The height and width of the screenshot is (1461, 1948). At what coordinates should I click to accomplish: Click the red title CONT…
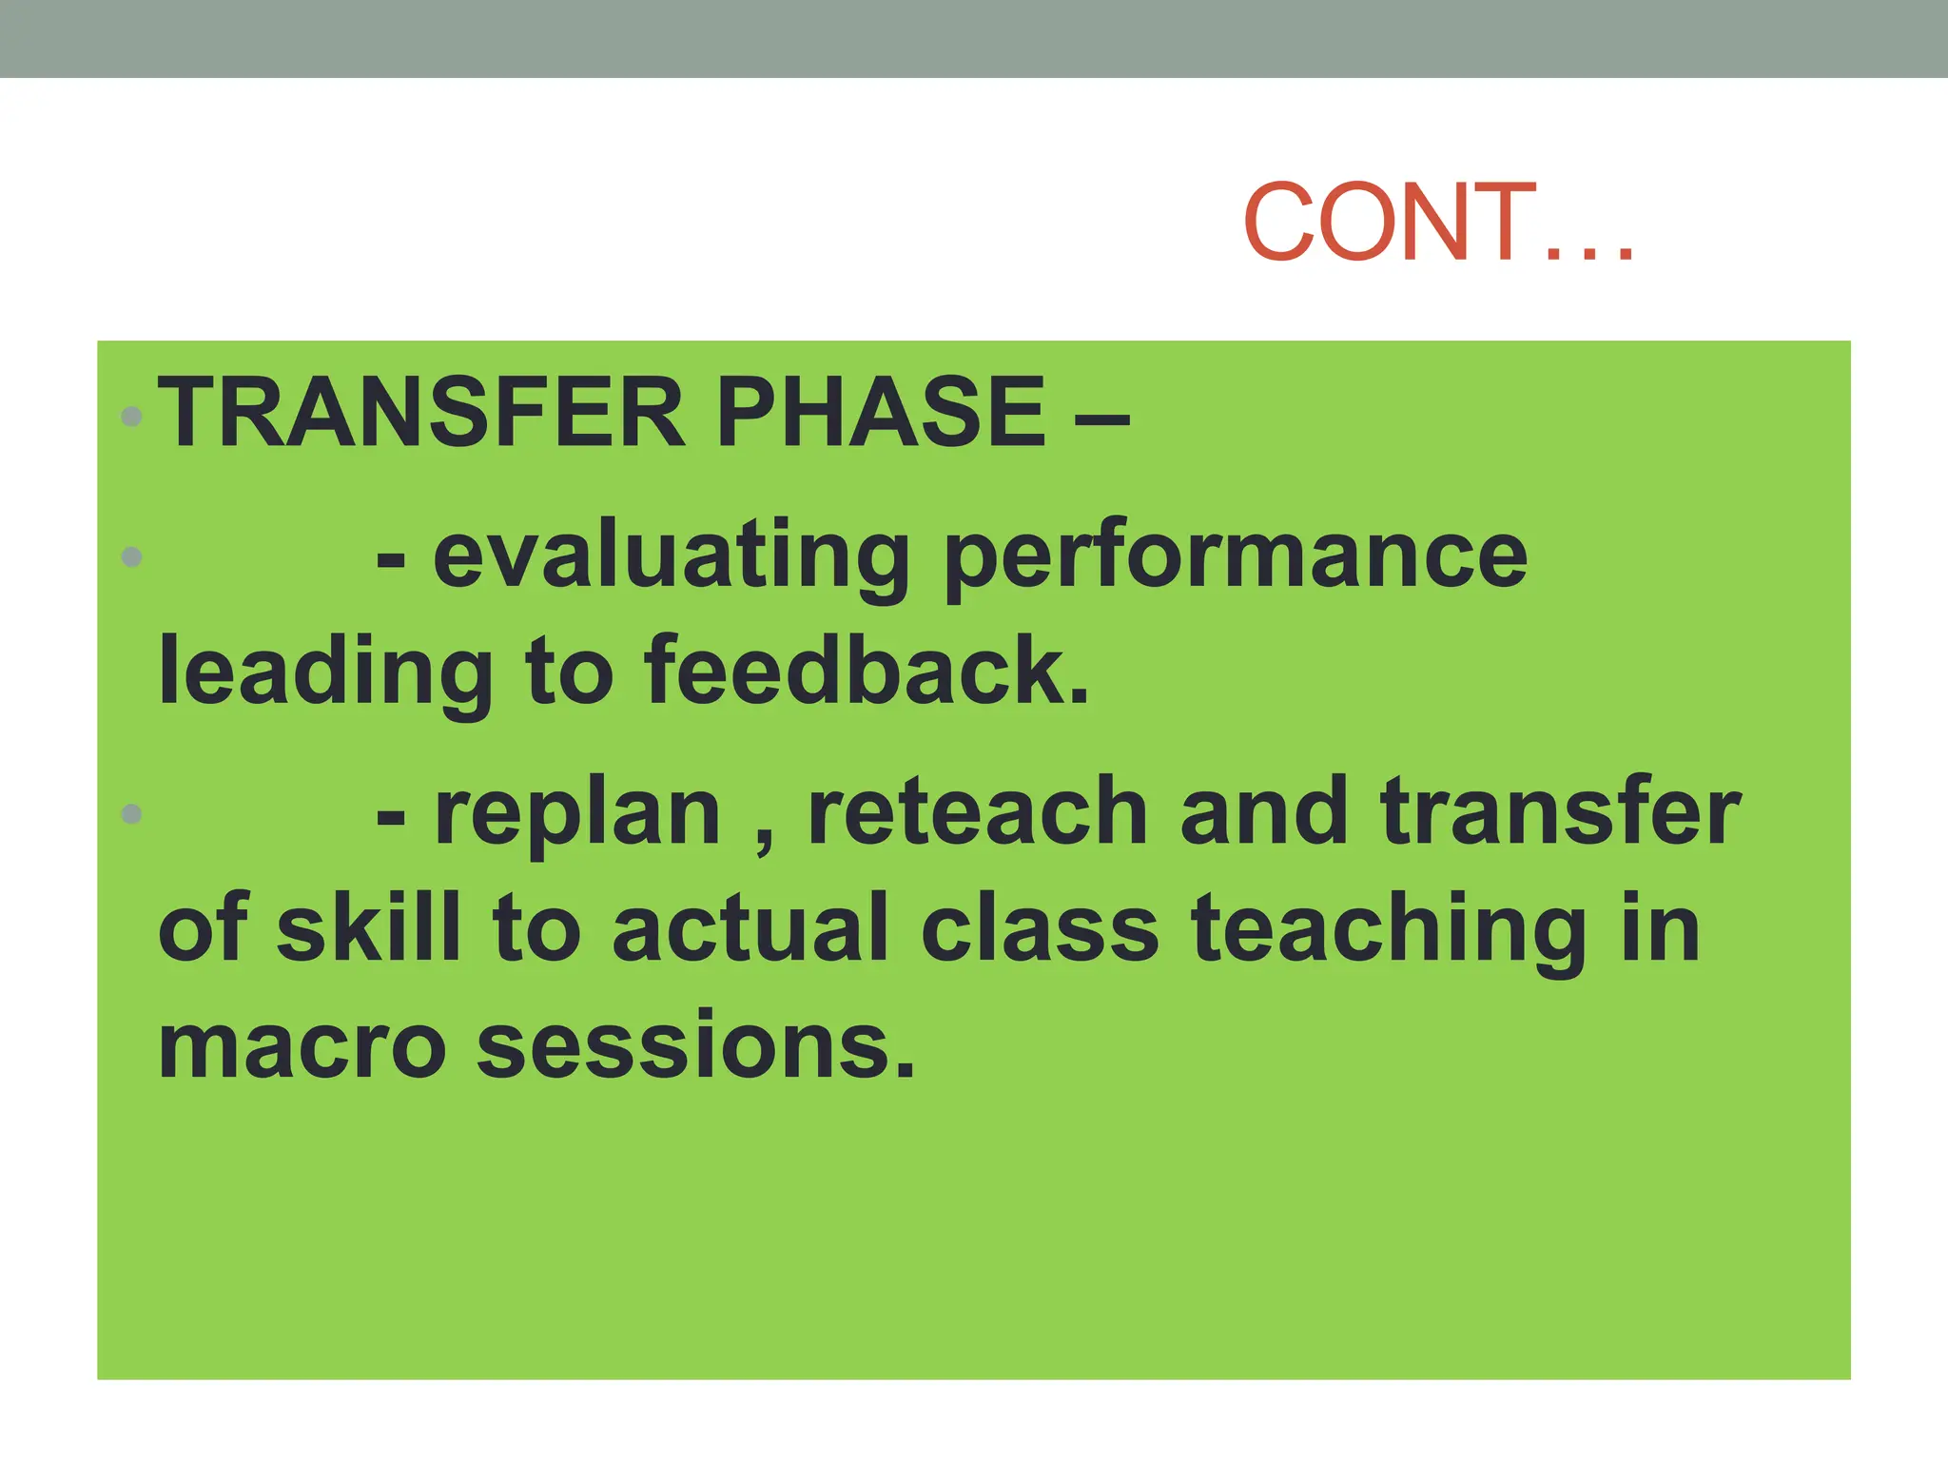(x=1438, y=222)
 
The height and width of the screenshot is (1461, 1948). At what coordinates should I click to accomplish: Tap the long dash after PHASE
(x=1101, y=417)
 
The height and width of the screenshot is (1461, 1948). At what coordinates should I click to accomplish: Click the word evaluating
(x=672, y=559)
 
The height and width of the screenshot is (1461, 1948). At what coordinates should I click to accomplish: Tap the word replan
(x=577, y=816)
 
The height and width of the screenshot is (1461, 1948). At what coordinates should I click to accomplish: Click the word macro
(x=302, y=1046)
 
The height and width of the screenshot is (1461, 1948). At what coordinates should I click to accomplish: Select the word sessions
(x=695, y=1046)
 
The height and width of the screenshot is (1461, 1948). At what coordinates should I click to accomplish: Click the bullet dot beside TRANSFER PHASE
(x=132, y=416)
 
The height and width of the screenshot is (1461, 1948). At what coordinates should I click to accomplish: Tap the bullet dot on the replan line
(x=132, y=814)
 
